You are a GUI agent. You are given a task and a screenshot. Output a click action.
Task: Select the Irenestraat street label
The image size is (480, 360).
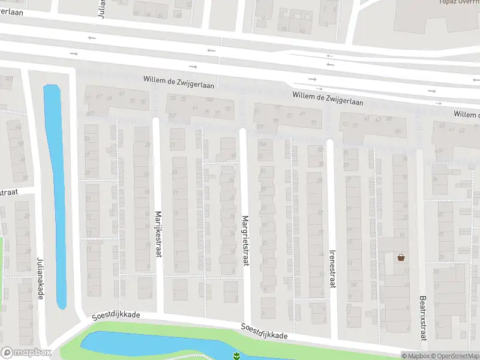pos(332,269)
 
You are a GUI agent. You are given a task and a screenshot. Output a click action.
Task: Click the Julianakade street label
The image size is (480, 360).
pos(41,275)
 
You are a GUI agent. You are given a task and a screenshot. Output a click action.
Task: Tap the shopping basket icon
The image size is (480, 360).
pos(401,258)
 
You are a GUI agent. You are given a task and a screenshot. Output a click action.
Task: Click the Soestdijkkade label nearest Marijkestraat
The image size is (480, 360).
pos(116,315)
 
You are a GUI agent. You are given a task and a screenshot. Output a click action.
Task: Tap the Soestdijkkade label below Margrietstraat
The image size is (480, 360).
pos(264,332)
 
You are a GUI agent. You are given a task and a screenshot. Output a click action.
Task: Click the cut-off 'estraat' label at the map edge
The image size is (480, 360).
pos(9,193)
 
